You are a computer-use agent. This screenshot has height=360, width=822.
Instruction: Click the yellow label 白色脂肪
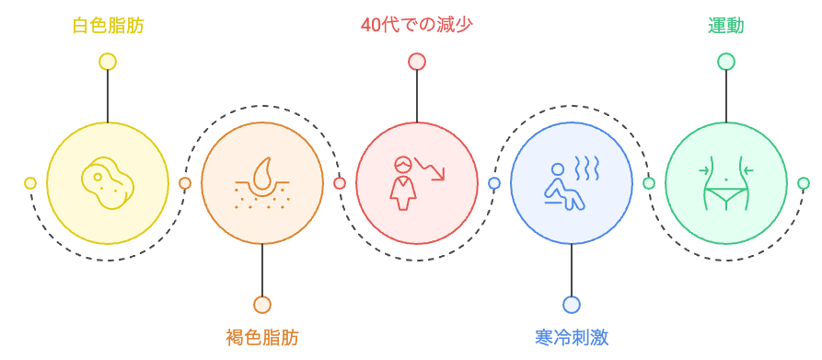tap(108, 25)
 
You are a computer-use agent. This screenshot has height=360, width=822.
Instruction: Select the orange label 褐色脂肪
tap(262, 337)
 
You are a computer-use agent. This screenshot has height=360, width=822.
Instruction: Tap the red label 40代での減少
tap(417, 25)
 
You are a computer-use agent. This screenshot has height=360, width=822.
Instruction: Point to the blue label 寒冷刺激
tap(572, 337)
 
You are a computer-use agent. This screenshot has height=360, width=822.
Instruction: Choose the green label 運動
tap(726, 25)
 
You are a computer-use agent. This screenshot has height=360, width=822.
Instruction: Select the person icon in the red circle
tap(402, 181)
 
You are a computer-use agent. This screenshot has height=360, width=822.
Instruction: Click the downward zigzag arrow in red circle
tap(430, 168)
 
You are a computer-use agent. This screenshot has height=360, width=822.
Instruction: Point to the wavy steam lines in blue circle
tap(586, 167)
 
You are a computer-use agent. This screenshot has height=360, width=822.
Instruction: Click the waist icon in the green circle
tap(726, 183)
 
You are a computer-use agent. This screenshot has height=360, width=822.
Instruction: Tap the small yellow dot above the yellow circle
tap(108, 62)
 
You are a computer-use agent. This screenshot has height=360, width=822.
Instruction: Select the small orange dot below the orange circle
tap(262, 305)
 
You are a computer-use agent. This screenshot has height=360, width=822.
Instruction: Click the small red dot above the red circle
tap(417, 62)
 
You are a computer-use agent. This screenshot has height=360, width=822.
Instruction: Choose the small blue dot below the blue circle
tap(572, 305)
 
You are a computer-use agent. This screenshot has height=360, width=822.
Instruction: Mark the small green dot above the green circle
tap(726, 62)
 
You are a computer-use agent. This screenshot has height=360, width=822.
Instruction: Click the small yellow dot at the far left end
tap(30, 183)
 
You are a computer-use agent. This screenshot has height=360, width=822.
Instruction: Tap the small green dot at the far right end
tap(804, 183)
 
